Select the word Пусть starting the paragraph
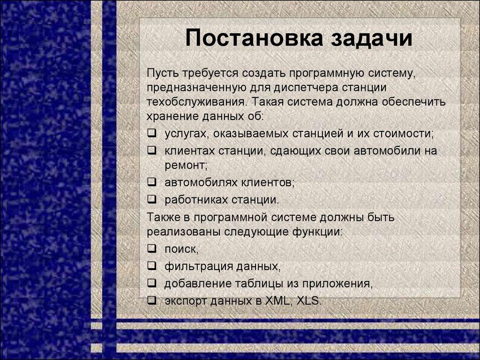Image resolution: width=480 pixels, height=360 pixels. pos(161,73)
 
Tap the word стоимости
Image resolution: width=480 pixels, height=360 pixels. pos(403,133)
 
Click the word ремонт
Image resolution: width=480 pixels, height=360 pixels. pos(186,165)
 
